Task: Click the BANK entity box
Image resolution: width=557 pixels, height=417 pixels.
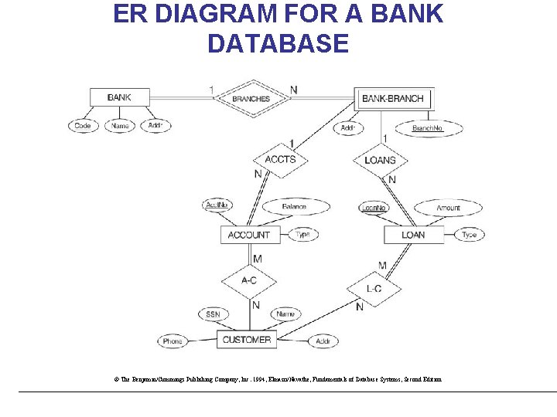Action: coord(119,97)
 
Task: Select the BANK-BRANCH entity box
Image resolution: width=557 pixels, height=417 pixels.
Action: coord(392,98)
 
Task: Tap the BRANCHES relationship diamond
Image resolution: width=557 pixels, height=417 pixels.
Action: coord(251,98)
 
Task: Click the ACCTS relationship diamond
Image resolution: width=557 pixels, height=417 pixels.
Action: coord(280,160)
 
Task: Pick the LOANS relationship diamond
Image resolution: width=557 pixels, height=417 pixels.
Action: coord(380,160)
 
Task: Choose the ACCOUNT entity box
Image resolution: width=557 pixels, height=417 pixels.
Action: coord(249,235)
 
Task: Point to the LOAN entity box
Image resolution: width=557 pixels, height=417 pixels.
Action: coord(413,235)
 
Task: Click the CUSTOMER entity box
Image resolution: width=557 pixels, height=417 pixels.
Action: coord(247,340)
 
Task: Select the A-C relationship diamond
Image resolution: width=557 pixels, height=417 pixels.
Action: coord(249,280)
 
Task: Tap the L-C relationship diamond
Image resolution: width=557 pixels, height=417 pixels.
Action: coord(374,289)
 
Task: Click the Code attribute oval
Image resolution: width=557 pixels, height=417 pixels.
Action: coord(83,126)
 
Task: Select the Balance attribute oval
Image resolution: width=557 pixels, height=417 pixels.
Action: coord(293,207)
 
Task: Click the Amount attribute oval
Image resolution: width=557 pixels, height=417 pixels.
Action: coord(448,208)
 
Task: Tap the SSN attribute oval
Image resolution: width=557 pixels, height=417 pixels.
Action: coord(214,314)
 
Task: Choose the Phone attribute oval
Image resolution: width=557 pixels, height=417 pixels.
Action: coord(173,341)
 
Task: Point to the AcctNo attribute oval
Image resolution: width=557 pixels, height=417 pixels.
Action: coord(217,205)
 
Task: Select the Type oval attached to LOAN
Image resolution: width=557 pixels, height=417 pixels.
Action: coord(470,235)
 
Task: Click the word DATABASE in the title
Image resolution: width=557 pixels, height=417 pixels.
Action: coord(278,43)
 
